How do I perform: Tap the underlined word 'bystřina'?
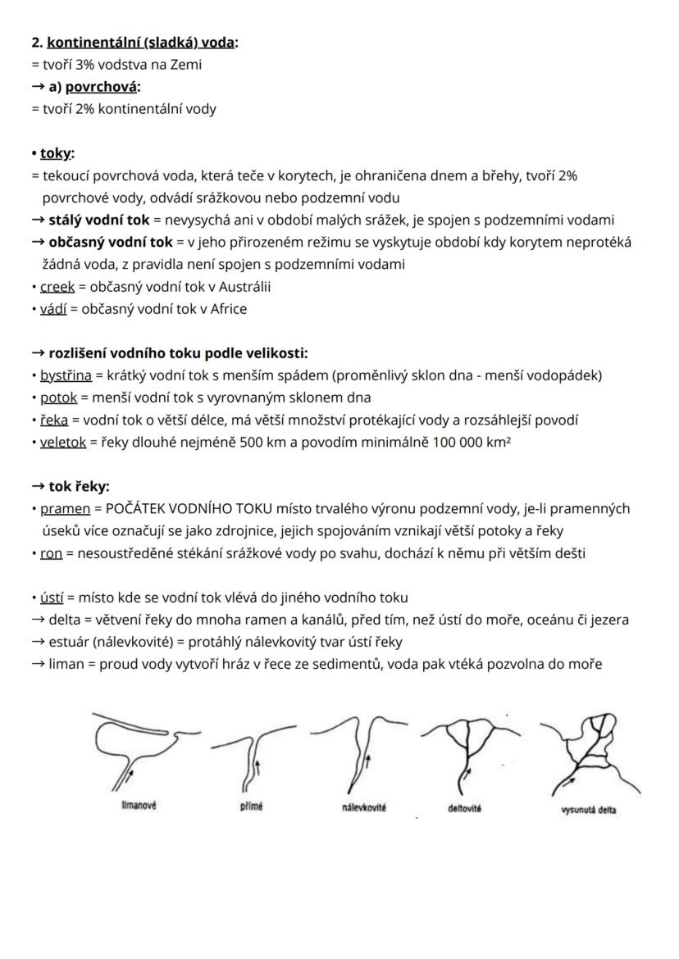(x=64, y=375)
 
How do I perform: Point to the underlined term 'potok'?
(x=58, y=398)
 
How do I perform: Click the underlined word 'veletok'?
(x=63, y=442)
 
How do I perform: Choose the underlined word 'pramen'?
(x=65, y=508)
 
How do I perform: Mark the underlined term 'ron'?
(x=51, y=552)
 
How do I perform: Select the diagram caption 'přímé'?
(x=251, y=807)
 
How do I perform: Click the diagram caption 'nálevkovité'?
(x=364, y=807)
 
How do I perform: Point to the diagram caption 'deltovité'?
(x=465, y=808)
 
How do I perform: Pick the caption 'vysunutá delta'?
(x=589, y=811)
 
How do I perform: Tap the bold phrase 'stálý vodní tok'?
(x=99, y=220)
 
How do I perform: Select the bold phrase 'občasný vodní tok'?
(x=111, y=242)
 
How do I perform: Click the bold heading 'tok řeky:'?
(x=79, y=486)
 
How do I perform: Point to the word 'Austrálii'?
(x=244, y=287)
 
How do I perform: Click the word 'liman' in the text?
(x=67, y=664)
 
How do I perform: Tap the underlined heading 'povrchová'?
(x=101, y=86)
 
